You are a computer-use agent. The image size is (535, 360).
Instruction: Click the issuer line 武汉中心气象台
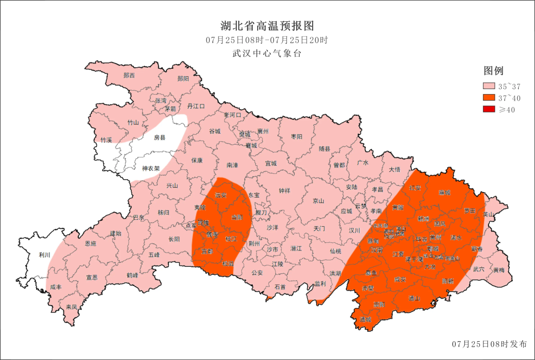pos(267,53)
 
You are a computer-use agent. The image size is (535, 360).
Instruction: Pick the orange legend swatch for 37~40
pos(490,98)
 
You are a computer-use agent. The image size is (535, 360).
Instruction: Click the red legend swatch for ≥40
pos(490,109)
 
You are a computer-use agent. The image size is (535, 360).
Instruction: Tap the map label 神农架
pos(151,168)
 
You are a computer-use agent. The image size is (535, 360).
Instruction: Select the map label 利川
pos(45,256)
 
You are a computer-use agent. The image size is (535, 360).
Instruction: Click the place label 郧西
pos(129,75)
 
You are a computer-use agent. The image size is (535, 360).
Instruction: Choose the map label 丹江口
pos(196,106)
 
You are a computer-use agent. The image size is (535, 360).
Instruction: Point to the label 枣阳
pos(296,136)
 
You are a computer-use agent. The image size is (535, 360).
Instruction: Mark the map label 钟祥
pos(284,191)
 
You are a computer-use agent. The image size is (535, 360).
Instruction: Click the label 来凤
pos(71,307)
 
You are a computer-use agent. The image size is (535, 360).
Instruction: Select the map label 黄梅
pos(499,270)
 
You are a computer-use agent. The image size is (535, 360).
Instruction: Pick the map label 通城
pos(366,319)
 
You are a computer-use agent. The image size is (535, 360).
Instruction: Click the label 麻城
pos(445,192)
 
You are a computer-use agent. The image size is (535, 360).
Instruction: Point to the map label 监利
pos(320,284)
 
